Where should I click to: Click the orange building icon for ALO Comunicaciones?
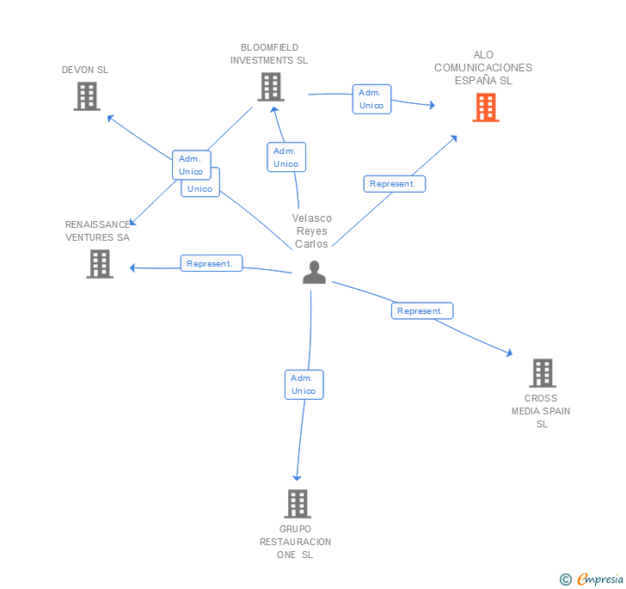pyautogui.click(x=486, y=107)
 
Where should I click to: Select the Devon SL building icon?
pyautogui.click(x=87, y=96)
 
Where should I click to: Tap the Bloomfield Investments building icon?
pyautogui.click(x=271, y=87)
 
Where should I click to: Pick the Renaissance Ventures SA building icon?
pyautogui.click(x=100, y=263)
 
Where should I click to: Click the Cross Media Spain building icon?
pyautogui.click(x=542, y=373)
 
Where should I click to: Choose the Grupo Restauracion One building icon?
pyautogui.click(x=297, y=504)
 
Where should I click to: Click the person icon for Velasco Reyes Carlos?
pyautogui.click(x=314, y=273)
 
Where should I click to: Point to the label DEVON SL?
pyautogui.click(x=85, y=70)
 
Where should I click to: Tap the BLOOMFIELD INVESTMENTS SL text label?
pyautogui.click(x=269, y=54)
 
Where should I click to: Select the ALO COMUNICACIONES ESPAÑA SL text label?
pyautogui.click(x=483, y=68)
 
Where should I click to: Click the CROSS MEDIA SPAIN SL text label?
pyautogui.click(x=541, y=411)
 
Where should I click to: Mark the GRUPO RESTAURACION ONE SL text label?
pyautogui.click(x=296, y=542)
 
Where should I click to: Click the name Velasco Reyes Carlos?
pyautogui.click(x=312, y=230)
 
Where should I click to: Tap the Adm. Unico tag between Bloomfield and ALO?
pyautogui.click(x=371, y=99)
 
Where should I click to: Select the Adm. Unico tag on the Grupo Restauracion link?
pyautogui.click(x=304, y=384)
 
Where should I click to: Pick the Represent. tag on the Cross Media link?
pyautogui.click(x=421, y=311)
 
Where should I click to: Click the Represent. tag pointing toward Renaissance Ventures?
pyautogui.click(x=211, y=264)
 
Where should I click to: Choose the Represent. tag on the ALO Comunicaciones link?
pyautogui.click(x=394, y=183)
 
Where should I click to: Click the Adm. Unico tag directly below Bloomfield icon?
pyautogui.click(x=286, y=157)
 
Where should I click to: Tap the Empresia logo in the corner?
pyautogui.click(x=592, y=580)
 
